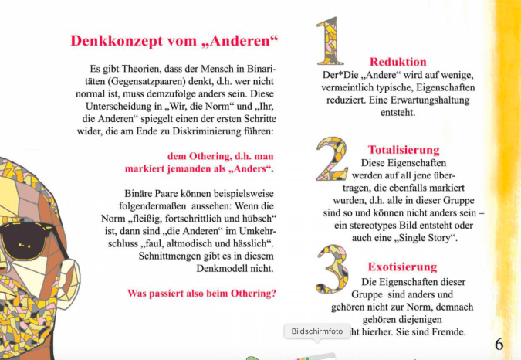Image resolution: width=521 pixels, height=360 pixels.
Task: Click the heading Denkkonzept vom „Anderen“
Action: [174, 41]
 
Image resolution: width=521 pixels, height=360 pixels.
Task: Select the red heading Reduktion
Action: [398, 62]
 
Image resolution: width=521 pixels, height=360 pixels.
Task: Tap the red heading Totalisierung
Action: [404, 150]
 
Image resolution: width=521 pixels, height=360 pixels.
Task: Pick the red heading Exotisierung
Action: [402, 267]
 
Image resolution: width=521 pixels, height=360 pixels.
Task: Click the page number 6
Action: [499, 343]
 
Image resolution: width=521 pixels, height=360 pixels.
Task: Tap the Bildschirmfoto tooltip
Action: [317, 331]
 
